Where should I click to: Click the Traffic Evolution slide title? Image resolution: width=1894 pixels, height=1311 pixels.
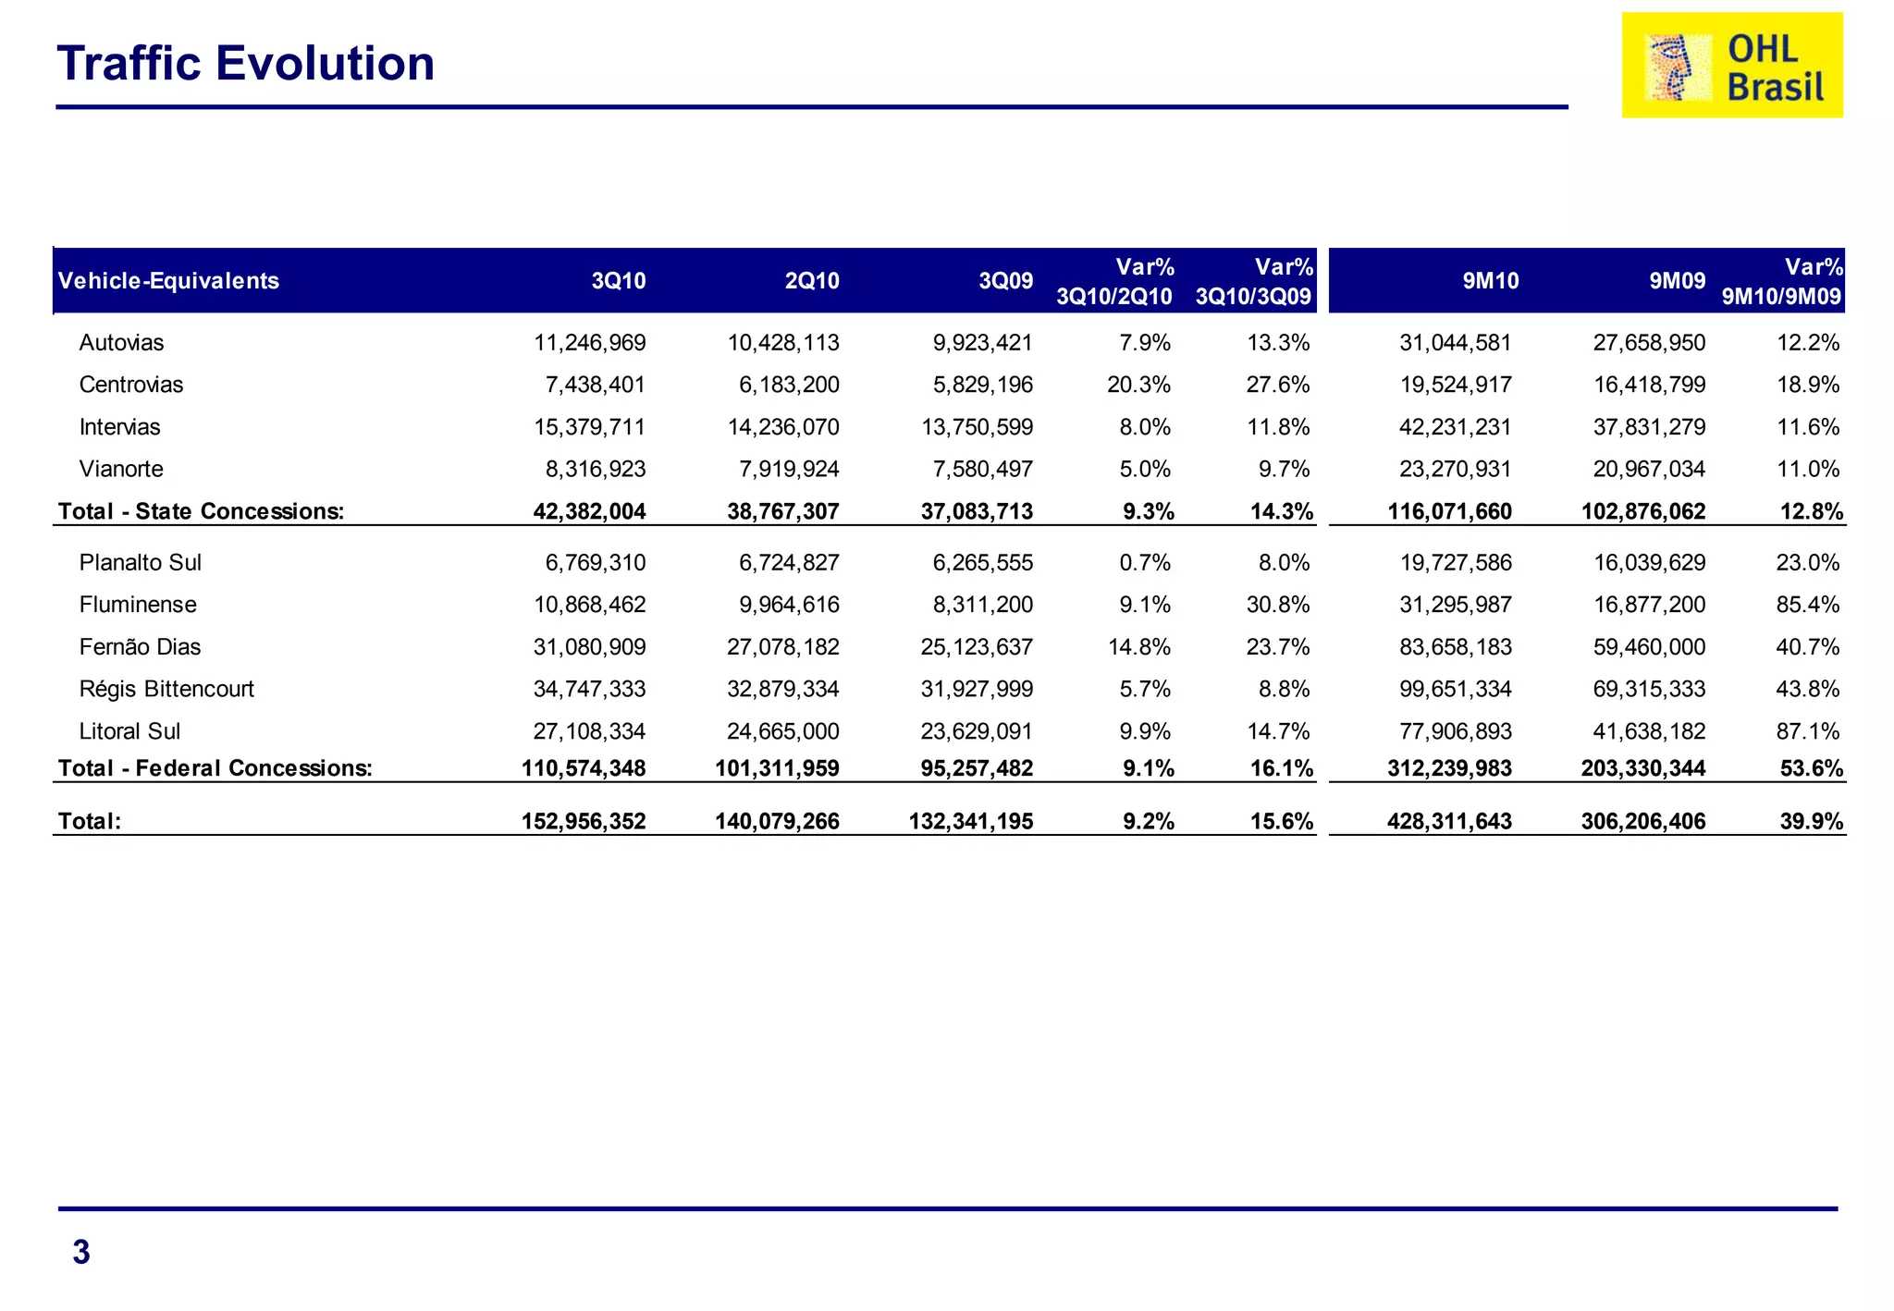[x=245, y=64]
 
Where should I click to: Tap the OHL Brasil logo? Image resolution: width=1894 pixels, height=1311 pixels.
[x=1731, y=66]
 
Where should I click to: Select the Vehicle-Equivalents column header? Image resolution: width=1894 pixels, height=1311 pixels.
[x=168, y=281]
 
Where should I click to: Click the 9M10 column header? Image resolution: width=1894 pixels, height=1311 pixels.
[x=1490, y=281]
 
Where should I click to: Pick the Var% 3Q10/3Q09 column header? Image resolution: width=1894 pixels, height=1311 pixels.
[x=1254, y=281]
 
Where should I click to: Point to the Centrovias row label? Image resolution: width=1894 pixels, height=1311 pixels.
[x=131, y=385]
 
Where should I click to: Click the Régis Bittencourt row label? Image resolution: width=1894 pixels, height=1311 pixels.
[x=166, y=689]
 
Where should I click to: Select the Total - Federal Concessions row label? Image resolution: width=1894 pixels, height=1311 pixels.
[x=215, y=768]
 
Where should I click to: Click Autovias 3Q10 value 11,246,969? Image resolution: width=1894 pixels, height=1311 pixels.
[x=589, y=343]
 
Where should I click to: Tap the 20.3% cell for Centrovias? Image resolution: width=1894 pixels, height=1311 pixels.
[x=1138, y=385]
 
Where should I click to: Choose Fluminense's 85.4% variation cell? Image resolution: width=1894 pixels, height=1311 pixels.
[x=1807, y=605]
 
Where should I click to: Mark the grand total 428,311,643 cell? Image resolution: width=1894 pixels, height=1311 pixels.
[x=1449, y=821]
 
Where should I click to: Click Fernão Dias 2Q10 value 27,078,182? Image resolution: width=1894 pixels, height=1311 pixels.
[x=782, y=647]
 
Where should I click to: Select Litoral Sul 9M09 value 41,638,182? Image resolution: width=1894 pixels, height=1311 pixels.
[x=1648, y=731]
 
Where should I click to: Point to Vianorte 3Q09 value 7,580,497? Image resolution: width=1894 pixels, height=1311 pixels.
[x=982, y=469]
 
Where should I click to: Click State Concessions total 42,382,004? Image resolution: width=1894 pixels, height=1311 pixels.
[x=589, y=511]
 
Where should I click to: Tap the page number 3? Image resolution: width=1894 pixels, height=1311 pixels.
[x=81, y=1252]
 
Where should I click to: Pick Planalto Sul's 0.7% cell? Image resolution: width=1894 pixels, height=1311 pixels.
[x=1145, y=562]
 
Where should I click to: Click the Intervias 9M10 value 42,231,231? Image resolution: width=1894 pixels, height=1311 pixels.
[x=1455, y=427]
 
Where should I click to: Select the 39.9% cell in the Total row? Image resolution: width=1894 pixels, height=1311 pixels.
[x=1811, y=821]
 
